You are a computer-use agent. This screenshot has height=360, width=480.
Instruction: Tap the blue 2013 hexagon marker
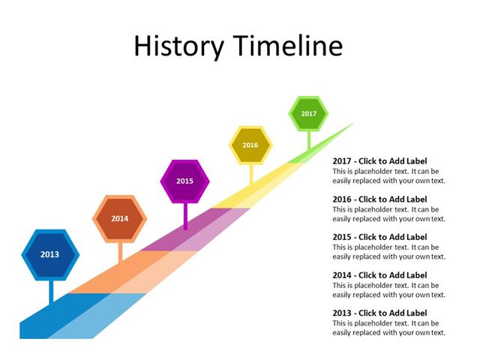tap(49, 254)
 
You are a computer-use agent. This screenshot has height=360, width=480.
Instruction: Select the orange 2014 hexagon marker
tap(119, 219)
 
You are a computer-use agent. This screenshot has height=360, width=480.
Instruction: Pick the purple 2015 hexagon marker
tap(185, 181)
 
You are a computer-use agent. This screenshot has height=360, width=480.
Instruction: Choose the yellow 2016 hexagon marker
tap(250, 145)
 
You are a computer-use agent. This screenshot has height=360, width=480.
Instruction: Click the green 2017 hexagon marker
tap(308, 114)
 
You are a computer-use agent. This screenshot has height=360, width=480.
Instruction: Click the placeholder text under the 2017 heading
tap(388, 175)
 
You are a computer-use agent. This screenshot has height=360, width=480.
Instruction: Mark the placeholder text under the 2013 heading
tap(388, 327)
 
